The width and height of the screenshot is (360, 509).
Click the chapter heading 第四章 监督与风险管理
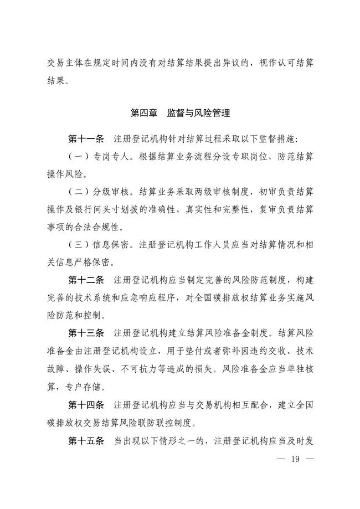pyautogui.click(x=180, y=114)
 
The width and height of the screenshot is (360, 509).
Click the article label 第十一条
pyautogui.click(x=86, y=137)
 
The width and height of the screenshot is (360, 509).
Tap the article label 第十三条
pyautogui.click(x=86, y=333)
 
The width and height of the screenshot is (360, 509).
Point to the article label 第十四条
pyautogui.click(x=86, y=405)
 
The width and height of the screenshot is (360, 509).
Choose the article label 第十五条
pyautogui.click(x=86, y=441)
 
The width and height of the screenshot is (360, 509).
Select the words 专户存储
pyautogui.click(x=89, y=387)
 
